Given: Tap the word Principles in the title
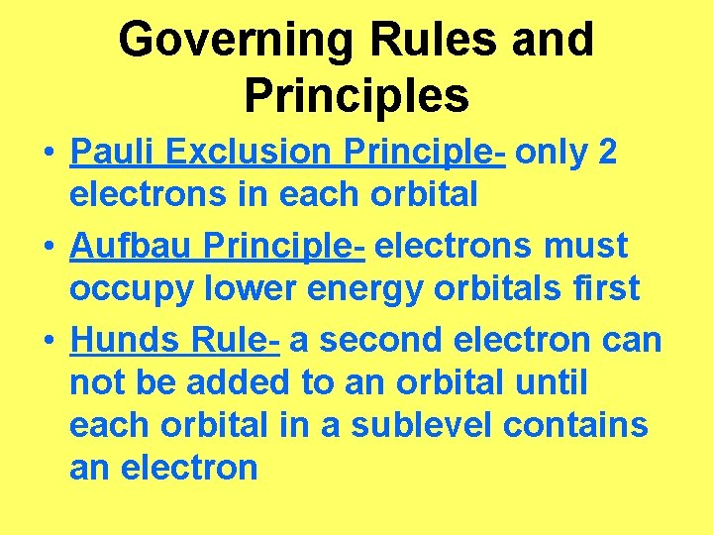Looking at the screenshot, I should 356,96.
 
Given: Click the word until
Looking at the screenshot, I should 554,381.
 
